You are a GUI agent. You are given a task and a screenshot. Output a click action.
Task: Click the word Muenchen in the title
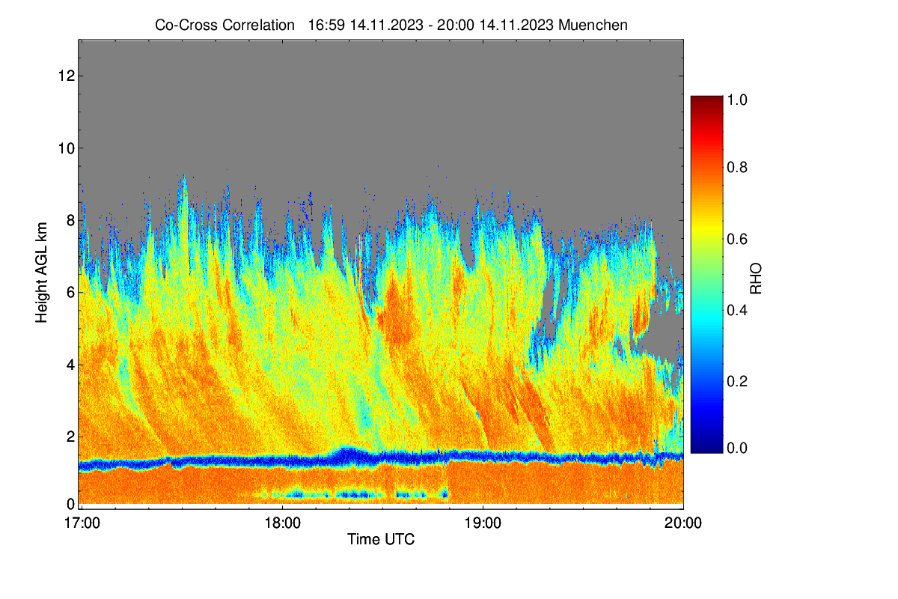pos(593,25)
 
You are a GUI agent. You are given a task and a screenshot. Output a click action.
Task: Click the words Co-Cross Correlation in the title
pos(224,25)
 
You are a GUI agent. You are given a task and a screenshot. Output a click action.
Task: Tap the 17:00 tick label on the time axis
pos(82,523)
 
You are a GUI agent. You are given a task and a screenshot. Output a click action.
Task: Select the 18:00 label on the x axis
pos(282,523)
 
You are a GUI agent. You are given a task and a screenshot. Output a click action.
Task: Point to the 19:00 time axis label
pos(483,523)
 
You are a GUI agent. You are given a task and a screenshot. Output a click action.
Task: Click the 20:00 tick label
pos(683,523)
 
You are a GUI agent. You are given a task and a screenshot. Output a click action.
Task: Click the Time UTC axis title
pos(381,540)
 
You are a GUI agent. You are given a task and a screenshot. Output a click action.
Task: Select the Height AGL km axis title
pos(41,273)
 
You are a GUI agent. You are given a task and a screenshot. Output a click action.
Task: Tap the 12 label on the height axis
pos(67,76)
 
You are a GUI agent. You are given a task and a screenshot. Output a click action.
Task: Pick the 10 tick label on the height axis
pos(67,148)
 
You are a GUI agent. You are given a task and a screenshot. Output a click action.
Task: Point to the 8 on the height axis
pos(71,220)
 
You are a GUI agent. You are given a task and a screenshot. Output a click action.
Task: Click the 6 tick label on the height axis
pos(71,293)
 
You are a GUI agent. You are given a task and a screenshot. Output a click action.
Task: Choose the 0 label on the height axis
pos(71,504)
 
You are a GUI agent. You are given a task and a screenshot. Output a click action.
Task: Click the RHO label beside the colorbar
pos(756,279)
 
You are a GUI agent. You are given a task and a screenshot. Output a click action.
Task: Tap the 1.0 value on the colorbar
pos(737,100)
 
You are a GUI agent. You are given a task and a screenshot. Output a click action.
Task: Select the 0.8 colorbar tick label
pos(737,167)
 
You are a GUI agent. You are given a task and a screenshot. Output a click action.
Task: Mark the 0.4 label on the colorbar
pos(737,310)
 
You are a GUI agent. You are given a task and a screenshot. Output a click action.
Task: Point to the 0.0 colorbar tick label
pos(737,449)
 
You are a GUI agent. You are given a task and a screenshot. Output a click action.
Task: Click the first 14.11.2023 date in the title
pos(387,25)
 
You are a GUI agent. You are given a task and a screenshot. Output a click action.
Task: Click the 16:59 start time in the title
pos(326,25)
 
